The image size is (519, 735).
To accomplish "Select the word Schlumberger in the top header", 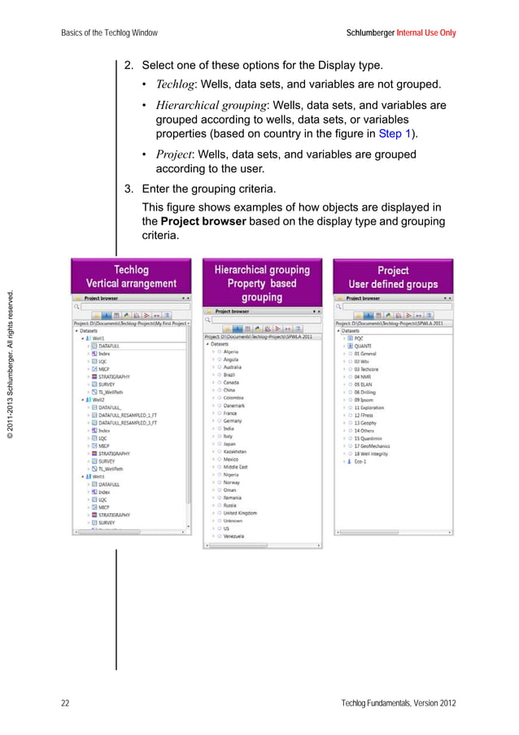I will click(x=370, y=33).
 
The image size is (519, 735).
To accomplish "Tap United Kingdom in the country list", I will click(x=241, y=513).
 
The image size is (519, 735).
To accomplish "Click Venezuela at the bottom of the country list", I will click(x=237, y=537).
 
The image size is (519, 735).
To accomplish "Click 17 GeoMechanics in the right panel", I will click(x=373, y=446).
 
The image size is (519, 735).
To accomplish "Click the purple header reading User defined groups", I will click(x=393, y=284).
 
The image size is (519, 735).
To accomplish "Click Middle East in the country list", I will click(x=237, y=467).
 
